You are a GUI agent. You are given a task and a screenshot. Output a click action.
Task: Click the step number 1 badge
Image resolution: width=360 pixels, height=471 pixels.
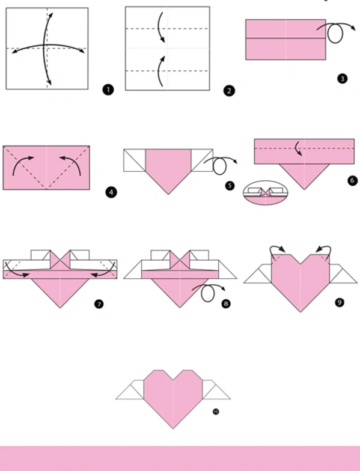coord(108,90)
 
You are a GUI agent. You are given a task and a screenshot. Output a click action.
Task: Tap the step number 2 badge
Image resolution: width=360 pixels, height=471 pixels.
coord(229,91)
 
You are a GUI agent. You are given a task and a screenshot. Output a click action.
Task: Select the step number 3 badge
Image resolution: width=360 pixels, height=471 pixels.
coord(343,79)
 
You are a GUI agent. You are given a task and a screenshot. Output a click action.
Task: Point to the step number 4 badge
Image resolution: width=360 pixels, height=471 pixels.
coord(111,192)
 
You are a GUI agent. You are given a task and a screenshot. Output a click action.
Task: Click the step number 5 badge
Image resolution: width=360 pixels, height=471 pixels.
coord(230,186)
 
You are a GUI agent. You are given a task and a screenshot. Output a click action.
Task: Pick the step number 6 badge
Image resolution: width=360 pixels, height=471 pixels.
coord(352,180)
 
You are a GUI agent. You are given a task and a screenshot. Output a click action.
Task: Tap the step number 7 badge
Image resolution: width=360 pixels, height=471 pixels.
coord(99,304)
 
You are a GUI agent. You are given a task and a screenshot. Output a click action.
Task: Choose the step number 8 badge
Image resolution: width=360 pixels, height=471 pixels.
coord(226,304)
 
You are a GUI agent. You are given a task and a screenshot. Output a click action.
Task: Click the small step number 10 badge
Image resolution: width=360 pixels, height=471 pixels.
coord(216,412)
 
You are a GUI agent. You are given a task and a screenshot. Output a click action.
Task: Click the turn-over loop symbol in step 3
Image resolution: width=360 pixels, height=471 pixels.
coord(335,34)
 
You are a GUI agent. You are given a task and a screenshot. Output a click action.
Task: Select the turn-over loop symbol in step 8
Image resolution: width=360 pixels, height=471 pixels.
coord(208,293)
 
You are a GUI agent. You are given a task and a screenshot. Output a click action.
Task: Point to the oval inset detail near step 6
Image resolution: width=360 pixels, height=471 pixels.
coord(266,193)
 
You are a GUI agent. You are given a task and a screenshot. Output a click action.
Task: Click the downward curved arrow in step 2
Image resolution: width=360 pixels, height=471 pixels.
coord(160,28)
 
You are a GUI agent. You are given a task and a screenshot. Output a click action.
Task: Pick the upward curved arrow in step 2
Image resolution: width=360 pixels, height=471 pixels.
coord(160,71)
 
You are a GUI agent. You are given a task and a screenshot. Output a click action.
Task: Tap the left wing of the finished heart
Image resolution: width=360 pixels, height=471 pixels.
coord(130,390)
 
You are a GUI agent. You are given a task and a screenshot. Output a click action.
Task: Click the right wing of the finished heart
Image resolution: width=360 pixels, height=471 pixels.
coord(216,390)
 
